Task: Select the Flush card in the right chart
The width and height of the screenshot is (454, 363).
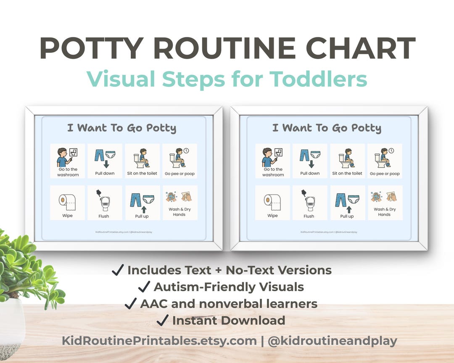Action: [x=309, y=203]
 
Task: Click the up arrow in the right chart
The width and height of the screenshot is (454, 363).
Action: [x=348, y=209]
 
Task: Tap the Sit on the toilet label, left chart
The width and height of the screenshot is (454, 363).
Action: [x=142, y=174]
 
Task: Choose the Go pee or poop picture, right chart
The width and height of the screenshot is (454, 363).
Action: [x=384, y=158]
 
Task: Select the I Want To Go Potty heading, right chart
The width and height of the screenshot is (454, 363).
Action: [x=327, y=128]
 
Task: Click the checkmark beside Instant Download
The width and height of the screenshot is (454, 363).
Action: [x=162, y=321]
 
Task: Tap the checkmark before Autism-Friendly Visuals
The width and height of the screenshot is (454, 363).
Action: [x=144, y=287]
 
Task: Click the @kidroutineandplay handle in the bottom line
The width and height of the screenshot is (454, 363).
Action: [x=332, y=341]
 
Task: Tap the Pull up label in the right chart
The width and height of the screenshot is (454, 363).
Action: [x=347, y=216]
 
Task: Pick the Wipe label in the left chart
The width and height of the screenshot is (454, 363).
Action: [x=67, y=216]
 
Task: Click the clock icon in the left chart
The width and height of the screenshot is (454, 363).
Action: [x=186, y=150]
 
